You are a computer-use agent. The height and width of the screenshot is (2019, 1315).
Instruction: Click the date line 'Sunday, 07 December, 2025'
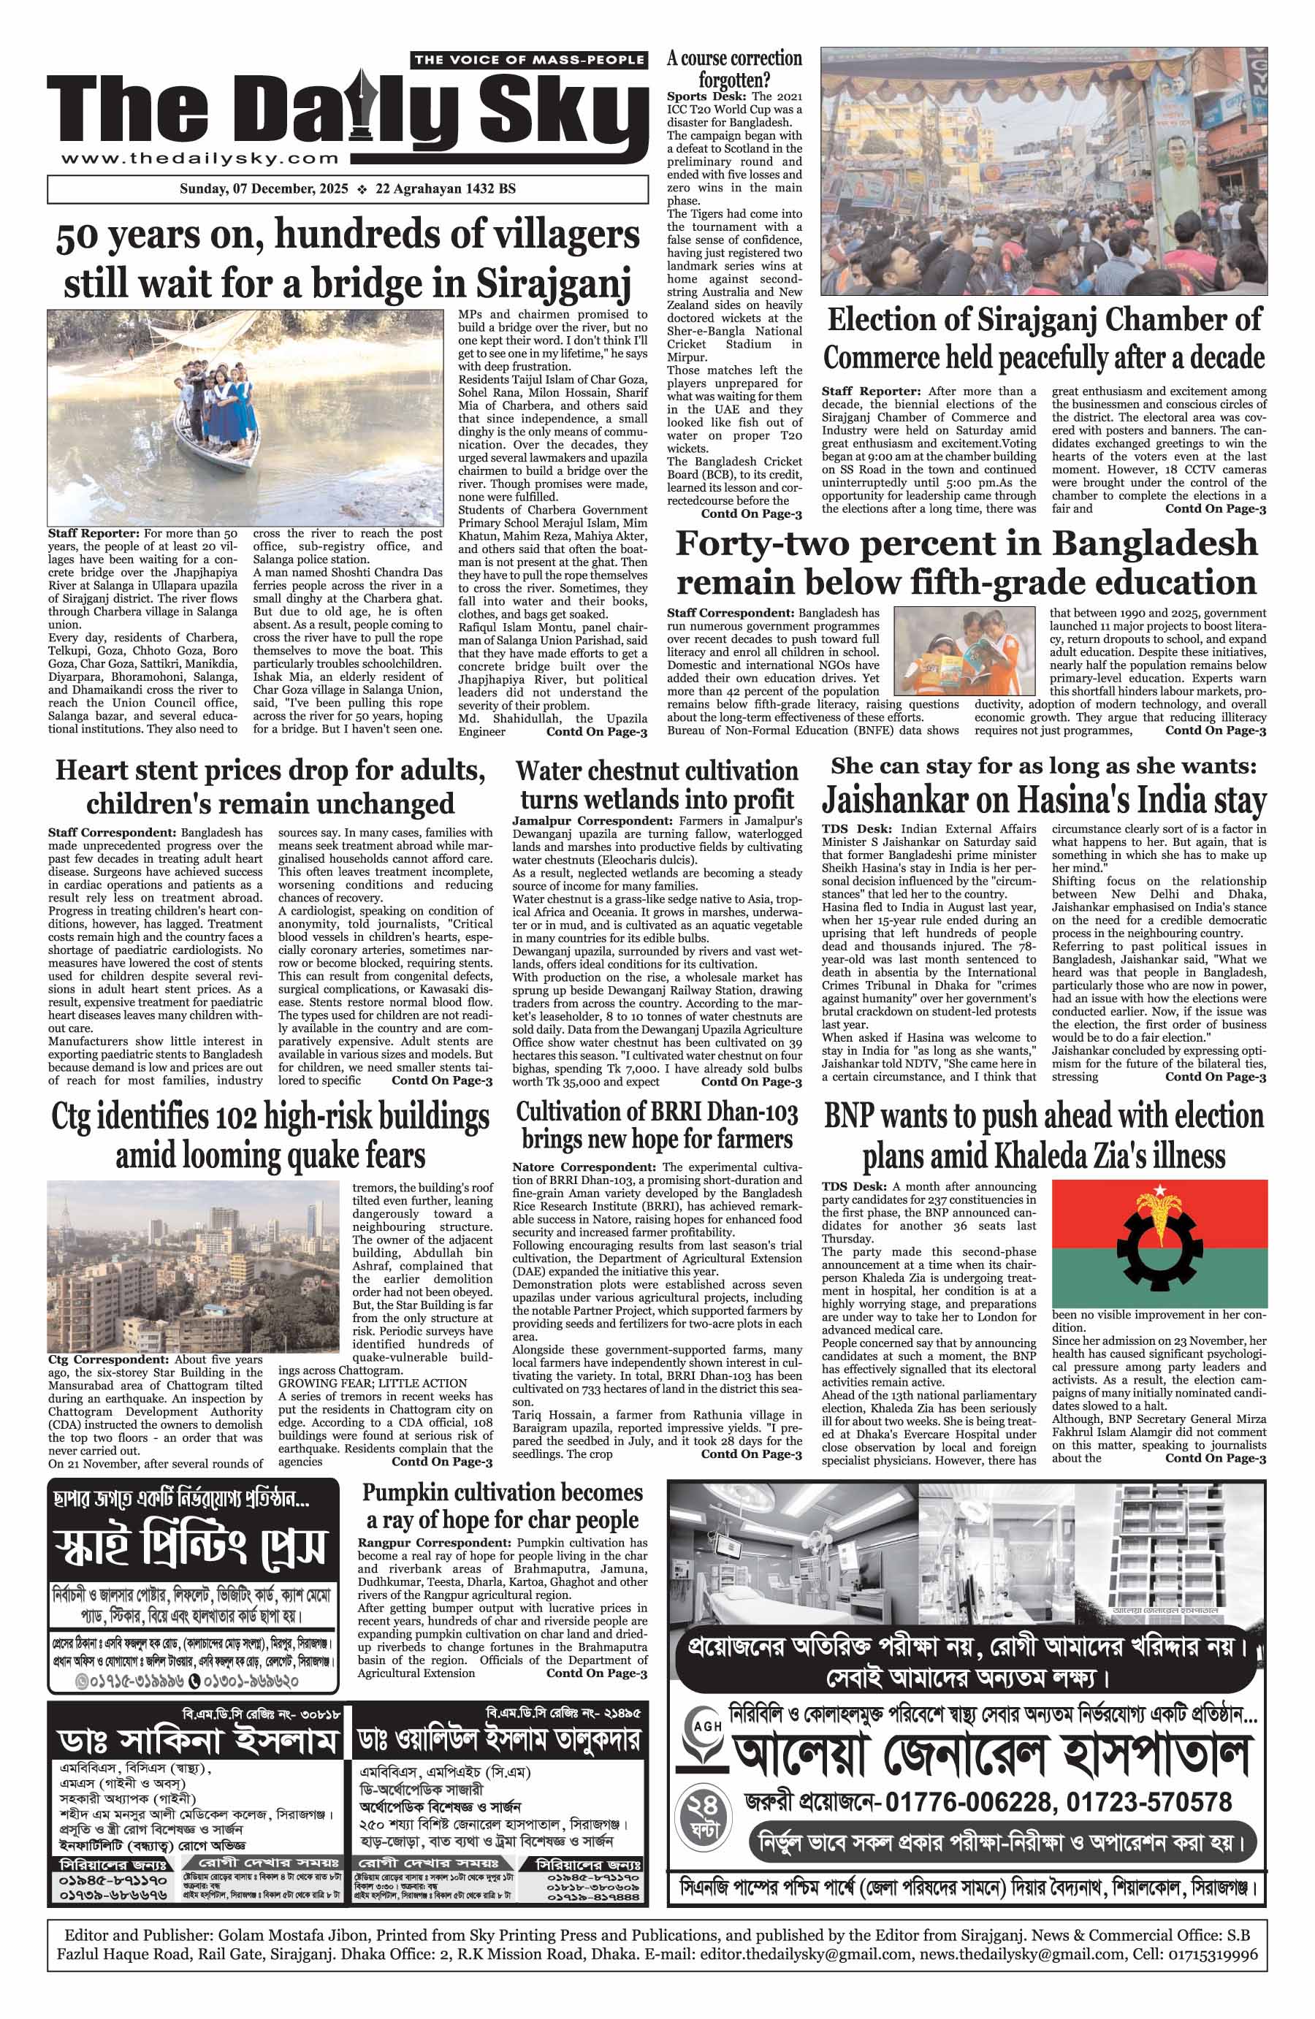pos(264,189)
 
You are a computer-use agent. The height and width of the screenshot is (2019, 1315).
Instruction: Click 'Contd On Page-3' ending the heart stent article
pos(441,1081)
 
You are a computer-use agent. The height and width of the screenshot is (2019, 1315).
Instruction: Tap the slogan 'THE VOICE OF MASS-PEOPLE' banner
pos(528,59)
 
